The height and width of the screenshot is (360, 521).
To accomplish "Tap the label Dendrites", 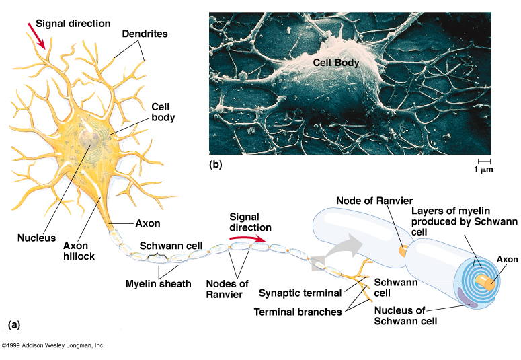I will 145,33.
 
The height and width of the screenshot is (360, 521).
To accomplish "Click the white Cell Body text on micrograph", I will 336,63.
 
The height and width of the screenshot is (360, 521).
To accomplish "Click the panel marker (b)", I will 216,164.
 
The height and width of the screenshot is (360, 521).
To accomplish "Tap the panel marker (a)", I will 14,324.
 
